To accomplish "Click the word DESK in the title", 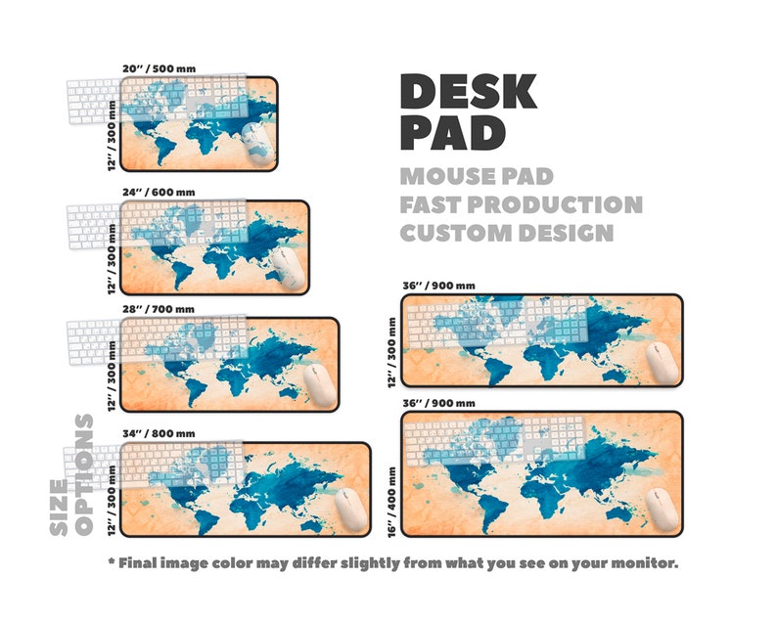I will coord(468,92).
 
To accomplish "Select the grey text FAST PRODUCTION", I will coord(521,205).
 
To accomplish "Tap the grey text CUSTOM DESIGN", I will coord(506,233).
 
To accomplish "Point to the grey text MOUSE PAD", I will coord(477,177).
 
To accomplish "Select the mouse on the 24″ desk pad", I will coord(287,265).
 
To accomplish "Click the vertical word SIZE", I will coord(59,507).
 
